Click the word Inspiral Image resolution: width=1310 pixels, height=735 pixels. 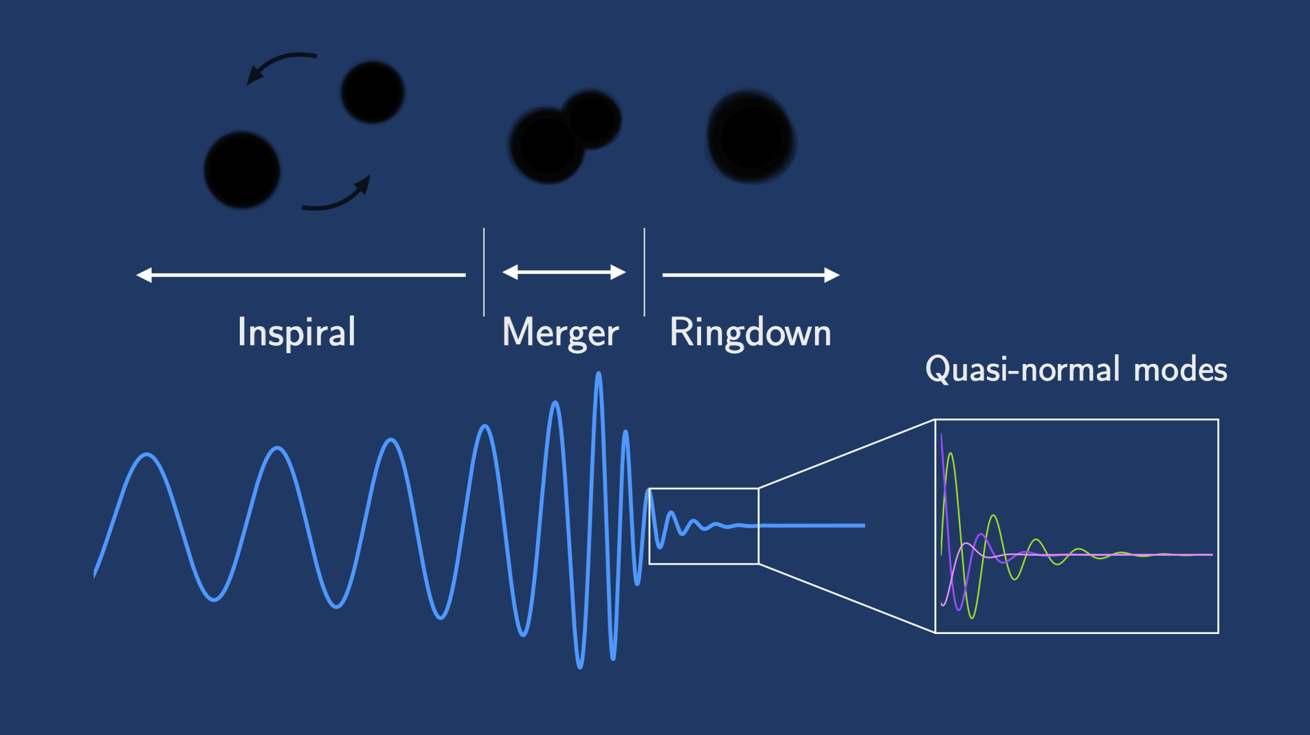coord(296,332)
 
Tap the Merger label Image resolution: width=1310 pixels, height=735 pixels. coord(560,333)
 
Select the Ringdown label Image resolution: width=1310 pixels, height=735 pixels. coord(750,333)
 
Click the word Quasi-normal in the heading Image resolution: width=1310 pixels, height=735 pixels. coord(1022,369)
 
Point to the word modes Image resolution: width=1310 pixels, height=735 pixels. coord(1180,370)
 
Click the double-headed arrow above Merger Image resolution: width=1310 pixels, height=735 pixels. coord(564,273)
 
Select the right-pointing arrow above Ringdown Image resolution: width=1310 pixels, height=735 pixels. coord(750,275)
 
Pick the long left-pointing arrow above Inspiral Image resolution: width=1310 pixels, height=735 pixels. coord(301,275)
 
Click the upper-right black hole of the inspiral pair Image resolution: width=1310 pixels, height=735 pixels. coord(373,92)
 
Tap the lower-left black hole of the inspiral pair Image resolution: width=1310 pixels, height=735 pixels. coord(242,170)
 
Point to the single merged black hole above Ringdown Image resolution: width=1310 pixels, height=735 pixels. coord(751,136)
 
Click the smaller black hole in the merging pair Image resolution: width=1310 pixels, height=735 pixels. coord(592,119)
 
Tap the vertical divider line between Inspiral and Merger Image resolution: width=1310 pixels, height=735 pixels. coord(484,272)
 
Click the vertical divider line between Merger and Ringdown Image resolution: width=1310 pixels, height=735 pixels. coord(644,272)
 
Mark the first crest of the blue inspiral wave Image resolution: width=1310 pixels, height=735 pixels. coord(147,455)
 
